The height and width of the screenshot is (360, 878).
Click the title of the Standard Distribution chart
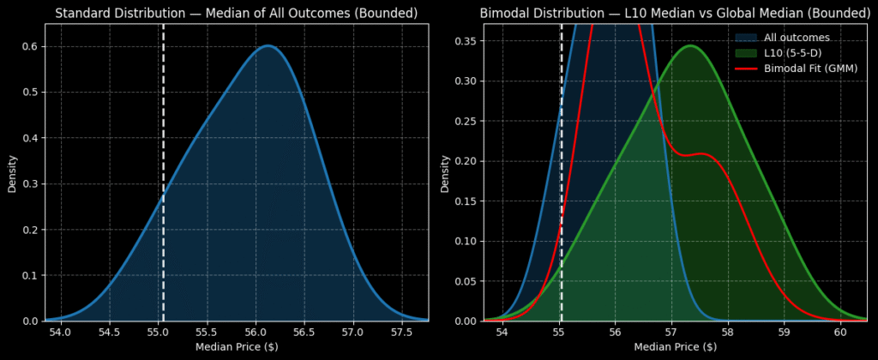click(237, 14)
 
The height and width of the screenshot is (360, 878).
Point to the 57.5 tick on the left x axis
click(400, 332)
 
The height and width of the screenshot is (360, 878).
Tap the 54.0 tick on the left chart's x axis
click(60, 332)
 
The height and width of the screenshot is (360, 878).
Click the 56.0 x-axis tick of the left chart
click(255, 332)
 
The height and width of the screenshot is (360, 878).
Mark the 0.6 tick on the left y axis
click(27, 46)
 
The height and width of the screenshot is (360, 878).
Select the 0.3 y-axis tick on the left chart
click(27, 183)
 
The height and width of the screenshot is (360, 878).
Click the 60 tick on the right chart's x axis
click(839, 332)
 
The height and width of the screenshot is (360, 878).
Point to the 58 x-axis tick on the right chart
click(727, 332)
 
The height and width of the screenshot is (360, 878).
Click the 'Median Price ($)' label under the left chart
click(237, 346)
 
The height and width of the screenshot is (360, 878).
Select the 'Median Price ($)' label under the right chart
click(675, 346)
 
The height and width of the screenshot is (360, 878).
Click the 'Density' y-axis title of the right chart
click(444, 173)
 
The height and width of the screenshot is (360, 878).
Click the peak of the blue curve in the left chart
click(268, 45)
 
